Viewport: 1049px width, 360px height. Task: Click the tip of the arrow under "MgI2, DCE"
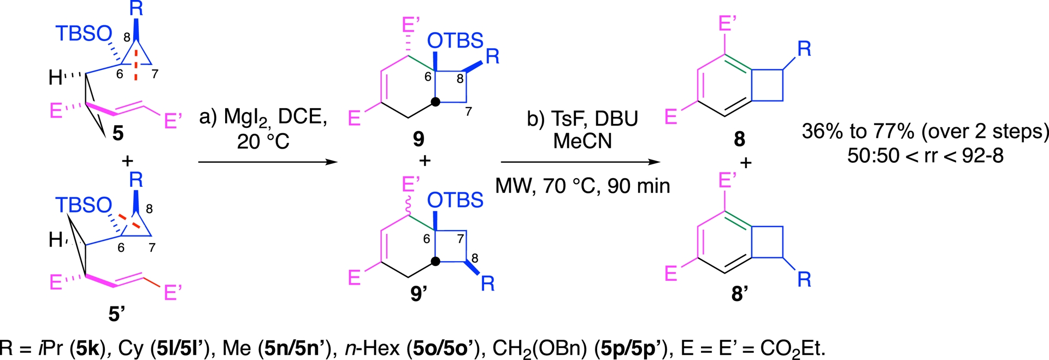coord(338,162)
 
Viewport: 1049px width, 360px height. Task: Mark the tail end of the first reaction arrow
coord(198,162)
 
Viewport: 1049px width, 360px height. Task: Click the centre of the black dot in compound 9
coord(435,102)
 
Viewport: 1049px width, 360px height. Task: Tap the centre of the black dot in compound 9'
coord(435,261)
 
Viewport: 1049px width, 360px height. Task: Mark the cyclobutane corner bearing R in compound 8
coord(783,69)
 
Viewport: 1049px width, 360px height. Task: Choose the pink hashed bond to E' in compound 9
coord(409,45)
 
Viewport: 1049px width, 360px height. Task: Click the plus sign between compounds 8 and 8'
coord(746,162)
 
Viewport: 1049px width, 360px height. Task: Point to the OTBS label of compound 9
coord(455,40)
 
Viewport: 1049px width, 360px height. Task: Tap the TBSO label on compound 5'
coord(84,205)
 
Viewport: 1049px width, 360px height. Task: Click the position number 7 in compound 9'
coord(461,239)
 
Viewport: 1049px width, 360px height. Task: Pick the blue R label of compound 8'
coord(804,280)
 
